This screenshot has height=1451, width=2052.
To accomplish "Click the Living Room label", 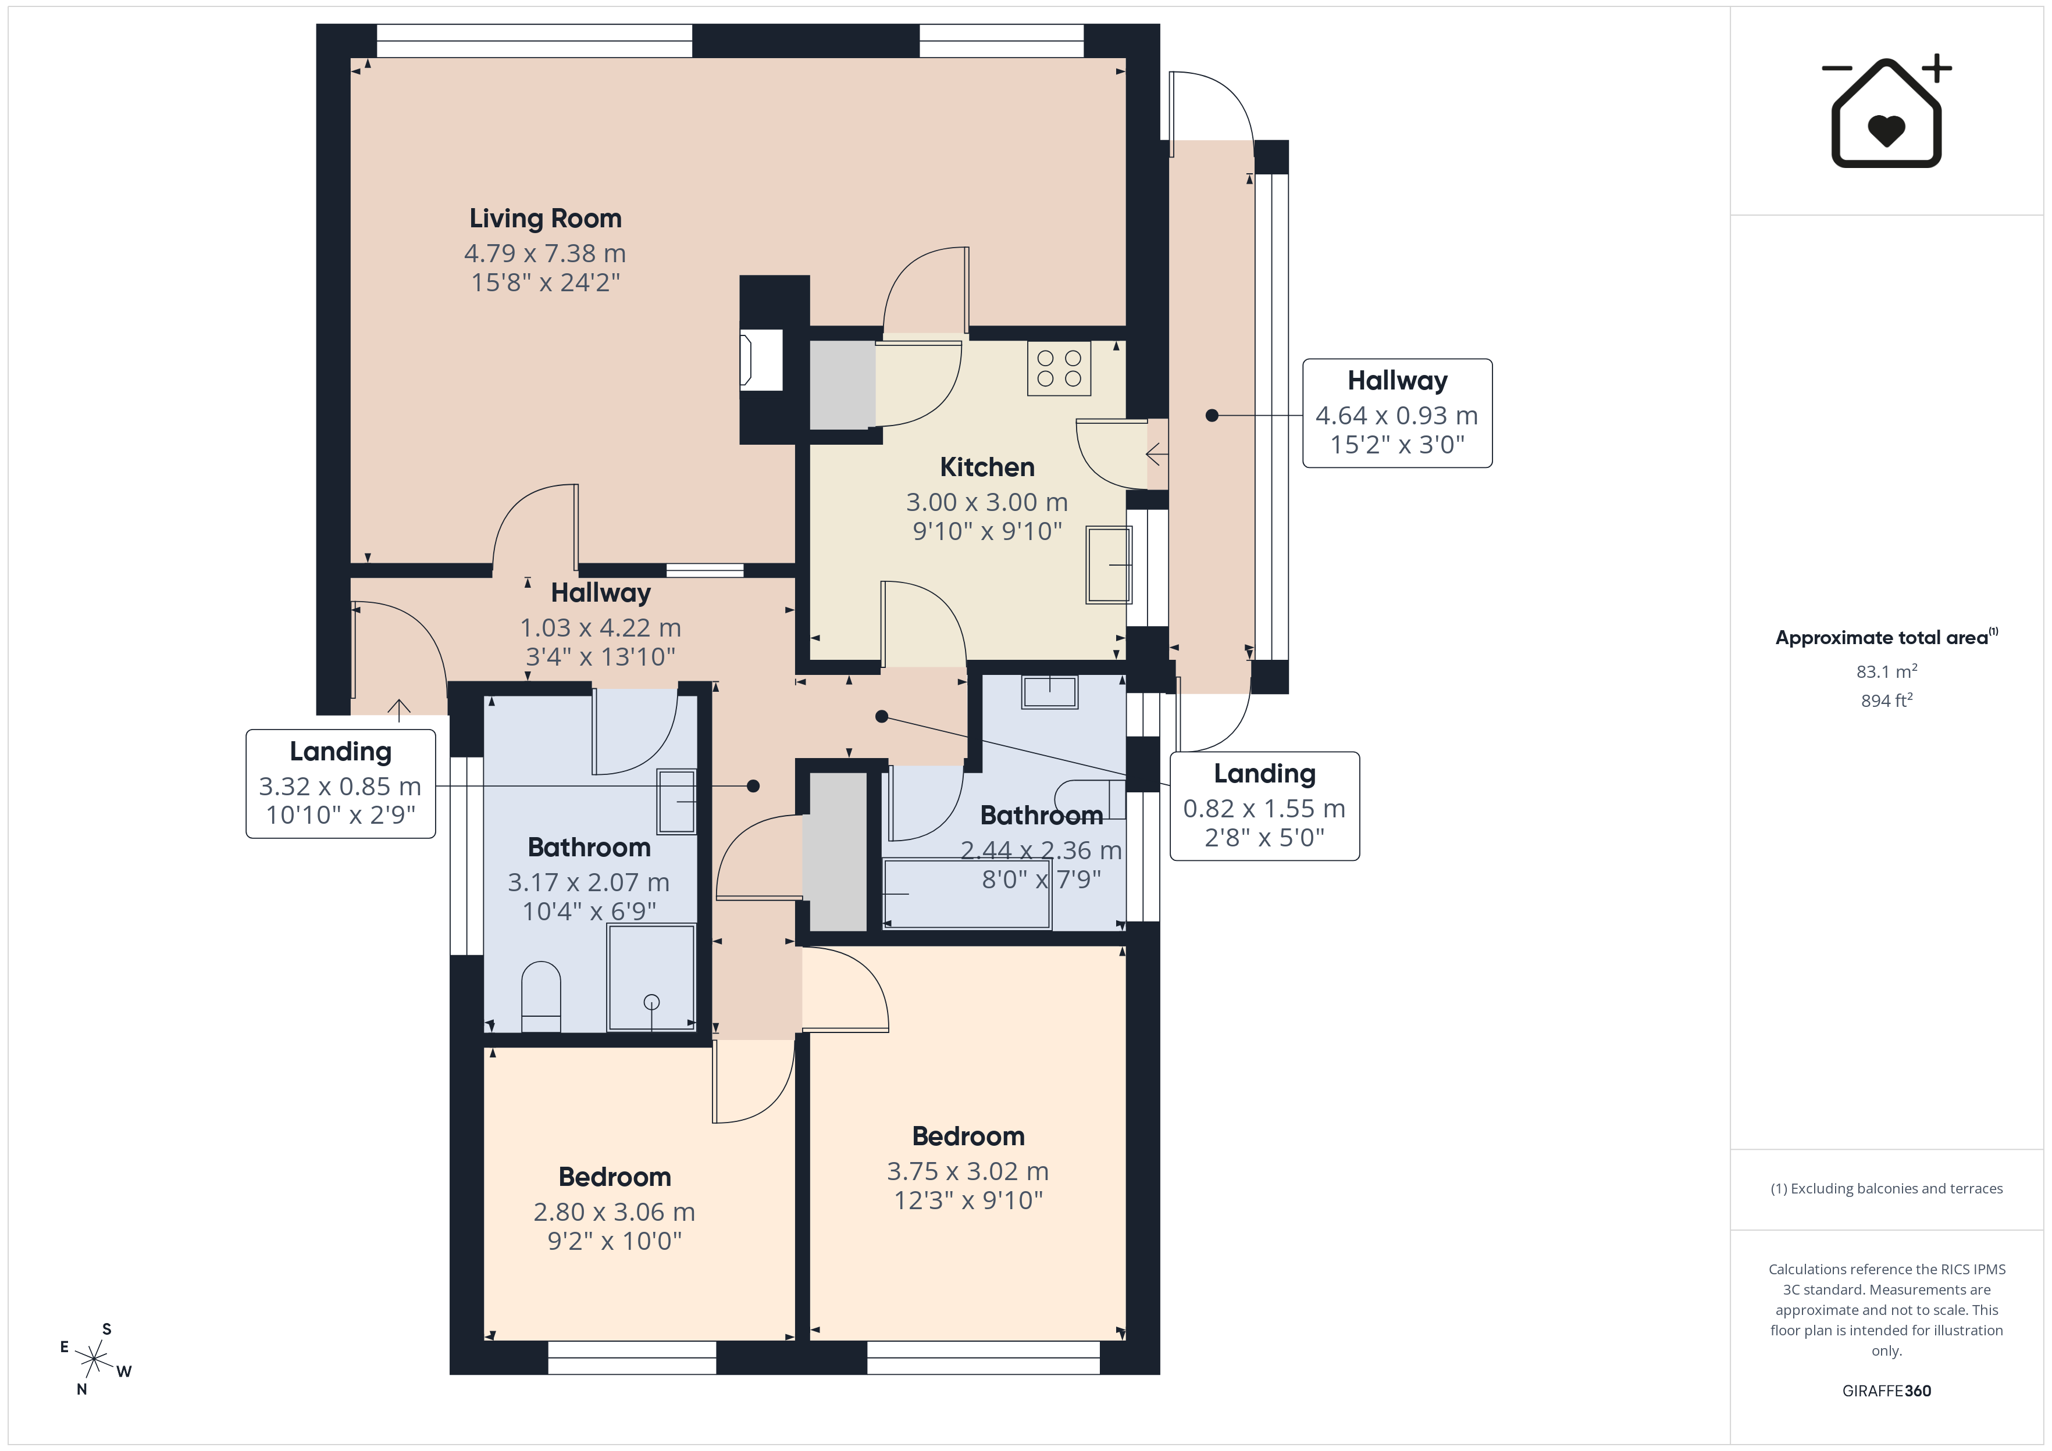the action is (545, 219).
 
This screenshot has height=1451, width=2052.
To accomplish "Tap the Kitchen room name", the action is (986, 467).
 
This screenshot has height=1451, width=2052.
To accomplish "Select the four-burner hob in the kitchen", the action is (1059, 368).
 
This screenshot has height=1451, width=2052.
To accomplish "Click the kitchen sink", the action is (1109, 564).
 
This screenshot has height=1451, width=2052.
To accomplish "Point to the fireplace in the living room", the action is (761, 360).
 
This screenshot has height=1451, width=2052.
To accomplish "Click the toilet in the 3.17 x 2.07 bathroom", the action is (541, 996).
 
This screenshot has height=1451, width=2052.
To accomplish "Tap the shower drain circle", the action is (651, 1002).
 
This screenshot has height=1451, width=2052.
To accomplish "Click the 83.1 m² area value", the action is (1887, 671).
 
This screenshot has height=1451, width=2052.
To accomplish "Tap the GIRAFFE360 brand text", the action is (1887, 1390).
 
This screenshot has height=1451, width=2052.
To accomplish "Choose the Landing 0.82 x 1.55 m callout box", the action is (1264, 806).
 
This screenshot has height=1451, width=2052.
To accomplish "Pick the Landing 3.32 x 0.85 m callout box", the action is (340, 784).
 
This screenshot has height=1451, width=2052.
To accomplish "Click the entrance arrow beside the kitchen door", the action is (1156, 455).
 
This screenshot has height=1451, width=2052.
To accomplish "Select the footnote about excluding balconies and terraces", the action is (1887, 1188).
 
